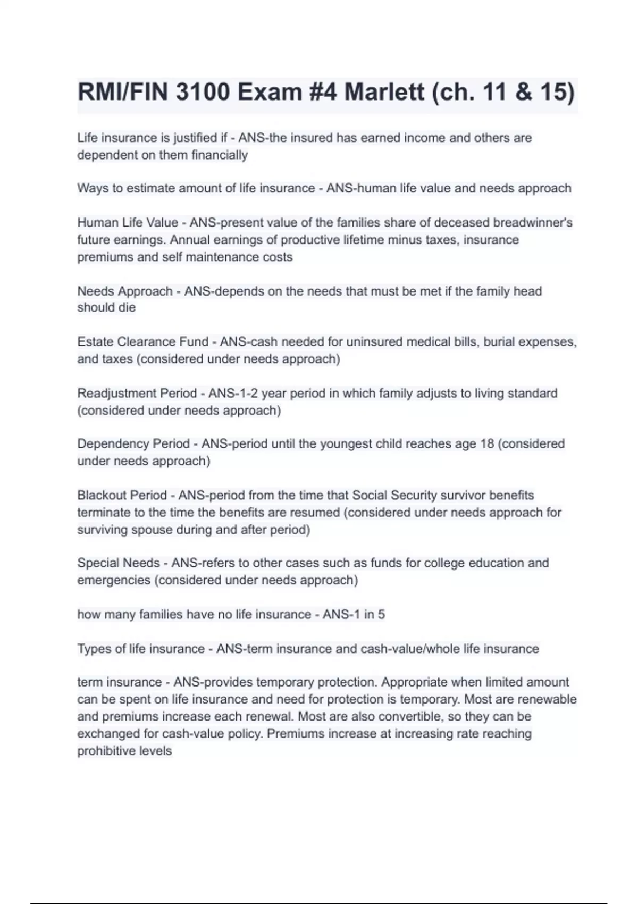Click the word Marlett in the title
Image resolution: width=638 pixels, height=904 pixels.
point(384,92)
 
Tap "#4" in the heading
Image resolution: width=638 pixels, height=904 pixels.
point(322,92)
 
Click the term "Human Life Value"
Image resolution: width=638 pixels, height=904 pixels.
point(128,222)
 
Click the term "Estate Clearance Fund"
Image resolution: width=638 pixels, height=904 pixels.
point(143,341)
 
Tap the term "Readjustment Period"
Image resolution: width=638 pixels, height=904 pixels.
point(137,393)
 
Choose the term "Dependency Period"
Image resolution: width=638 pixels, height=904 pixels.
point(133,443)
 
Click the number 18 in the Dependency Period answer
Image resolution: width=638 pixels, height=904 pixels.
point(487,443)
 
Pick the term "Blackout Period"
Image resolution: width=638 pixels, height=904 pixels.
point(122,495)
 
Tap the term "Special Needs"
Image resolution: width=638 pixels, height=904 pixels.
point(119,563)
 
